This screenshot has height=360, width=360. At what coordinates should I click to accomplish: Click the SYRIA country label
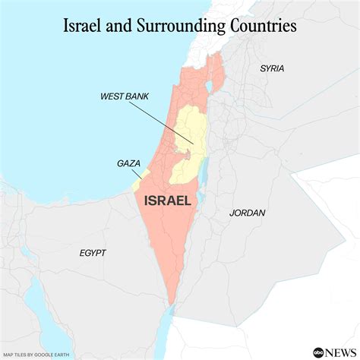point(271,68)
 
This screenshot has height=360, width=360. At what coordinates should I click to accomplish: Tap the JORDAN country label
point(248,213)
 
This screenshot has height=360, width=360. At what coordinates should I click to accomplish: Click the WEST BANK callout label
point(123,96)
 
